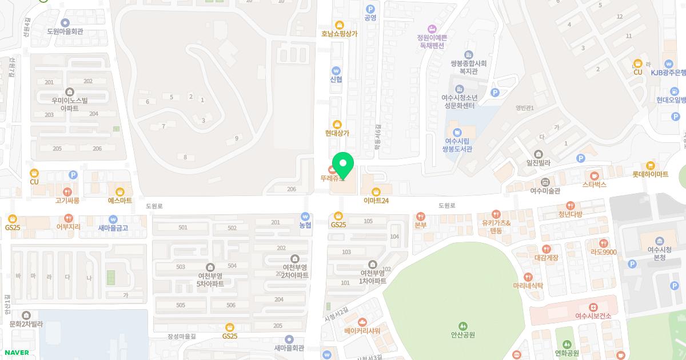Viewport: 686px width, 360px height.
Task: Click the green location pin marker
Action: coord(343,165)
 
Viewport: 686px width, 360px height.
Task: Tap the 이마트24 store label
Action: coord(376,201)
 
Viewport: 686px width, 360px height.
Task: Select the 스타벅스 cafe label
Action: coord(595,185)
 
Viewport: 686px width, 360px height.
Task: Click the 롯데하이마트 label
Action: coord(650,174)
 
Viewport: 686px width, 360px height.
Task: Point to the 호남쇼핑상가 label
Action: coord(339,34)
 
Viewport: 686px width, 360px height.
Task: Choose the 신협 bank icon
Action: coord(336,70)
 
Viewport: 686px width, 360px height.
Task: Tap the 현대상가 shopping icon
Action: coord(337,124)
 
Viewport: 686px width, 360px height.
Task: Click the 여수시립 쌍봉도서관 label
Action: coord(457,145)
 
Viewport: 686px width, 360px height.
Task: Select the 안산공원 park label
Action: coord(463,335)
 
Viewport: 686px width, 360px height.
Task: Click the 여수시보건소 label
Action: coord(593,316)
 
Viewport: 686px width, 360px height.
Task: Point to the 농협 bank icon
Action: coord(306,217)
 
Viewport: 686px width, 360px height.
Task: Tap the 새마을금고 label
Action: coord(113,228)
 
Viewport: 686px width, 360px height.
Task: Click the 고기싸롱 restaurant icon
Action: coord(67,192)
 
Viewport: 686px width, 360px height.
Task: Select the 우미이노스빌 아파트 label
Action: coord(70,104)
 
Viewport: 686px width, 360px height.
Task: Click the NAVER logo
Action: coord(16,353)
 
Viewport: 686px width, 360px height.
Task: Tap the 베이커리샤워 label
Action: coord(362,331)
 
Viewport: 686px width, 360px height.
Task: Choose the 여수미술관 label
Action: coord(545,191)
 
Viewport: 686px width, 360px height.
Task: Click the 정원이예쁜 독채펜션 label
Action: coord(432,41)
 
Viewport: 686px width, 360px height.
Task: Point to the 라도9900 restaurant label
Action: coord(603,252)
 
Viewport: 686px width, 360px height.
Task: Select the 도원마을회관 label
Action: coord(65,31)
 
